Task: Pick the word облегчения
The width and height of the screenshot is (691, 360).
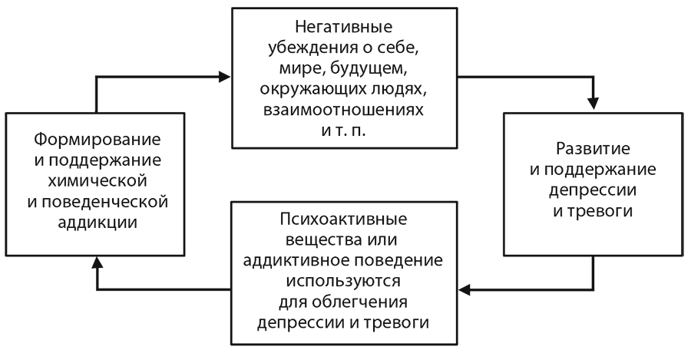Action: coord(359,299)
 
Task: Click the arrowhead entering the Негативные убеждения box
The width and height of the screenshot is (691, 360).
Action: coord(225,77)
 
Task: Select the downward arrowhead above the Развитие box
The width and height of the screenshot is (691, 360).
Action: coord(592,106)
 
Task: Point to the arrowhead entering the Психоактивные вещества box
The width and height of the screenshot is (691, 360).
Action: coord(465,289)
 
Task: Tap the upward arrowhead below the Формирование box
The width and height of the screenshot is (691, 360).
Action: coord(96,263)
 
